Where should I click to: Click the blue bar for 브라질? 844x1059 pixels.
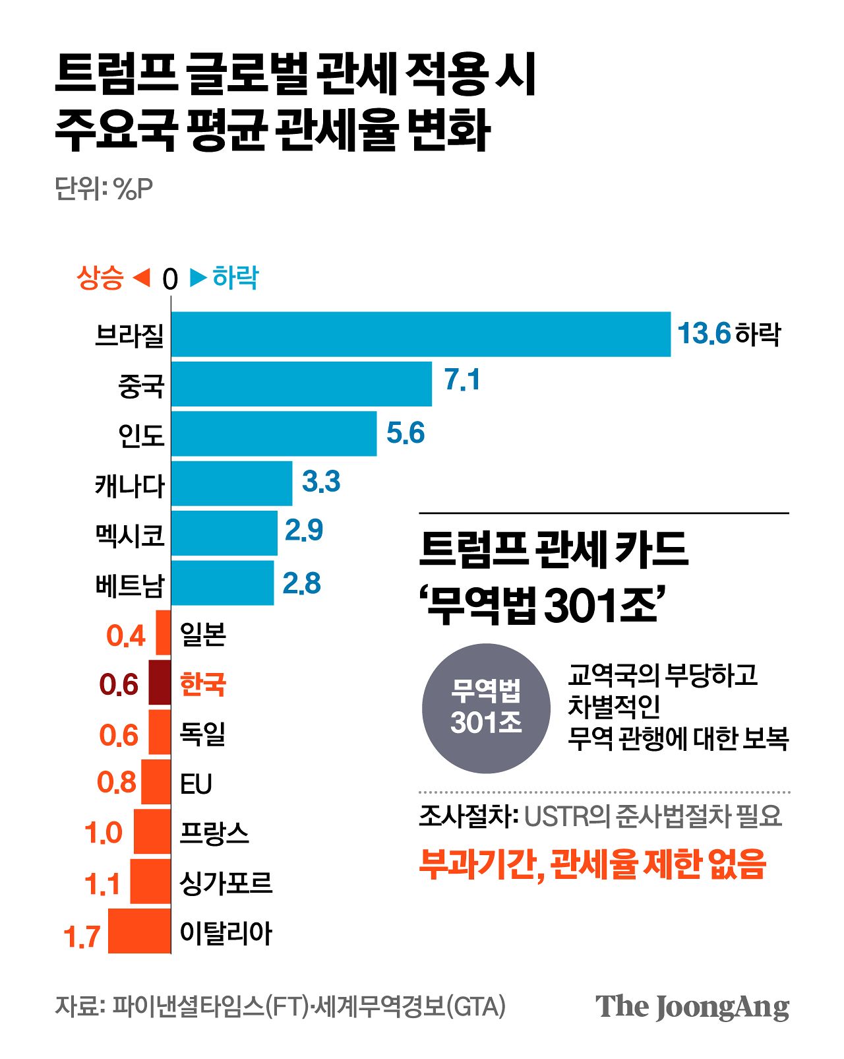421,335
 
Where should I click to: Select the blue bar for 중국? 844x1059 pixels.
301,384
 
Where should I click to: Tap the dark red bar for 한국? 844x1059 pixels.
160,684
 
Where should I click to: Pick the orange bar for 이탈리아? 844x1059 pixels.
139,931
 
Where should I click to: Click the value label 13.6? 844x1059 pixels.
704,333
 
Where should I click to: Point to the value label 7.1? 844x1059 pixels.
462,380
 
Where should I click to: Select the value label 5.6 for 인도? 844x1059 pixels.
405,433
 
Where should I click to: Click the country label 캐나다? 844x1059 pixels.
130,486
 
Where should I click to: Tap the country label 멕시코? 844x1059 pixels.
130,535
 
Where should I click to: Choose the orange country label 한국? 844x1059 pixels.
203,684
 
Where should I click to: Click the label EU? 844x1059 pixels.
196,784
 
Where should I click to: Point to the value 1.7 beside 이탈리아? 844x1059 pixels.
82,936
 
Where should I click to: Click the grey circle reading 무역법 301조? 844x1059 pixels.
486,708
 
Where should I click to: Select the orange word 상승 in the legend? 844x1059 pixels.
100,278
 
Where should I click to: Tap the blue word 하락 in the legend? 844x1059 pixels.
235,278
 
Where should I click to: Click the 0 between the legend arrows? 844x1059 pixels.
170,279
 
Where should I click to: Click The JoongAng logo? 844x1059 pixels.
692,1007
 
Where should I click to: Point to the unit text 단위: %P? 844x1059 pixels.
104,189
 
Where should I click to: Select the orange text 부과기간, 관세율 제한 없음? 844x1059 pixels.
592,863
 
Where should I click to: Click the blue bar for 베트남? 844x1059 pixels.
222,583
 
